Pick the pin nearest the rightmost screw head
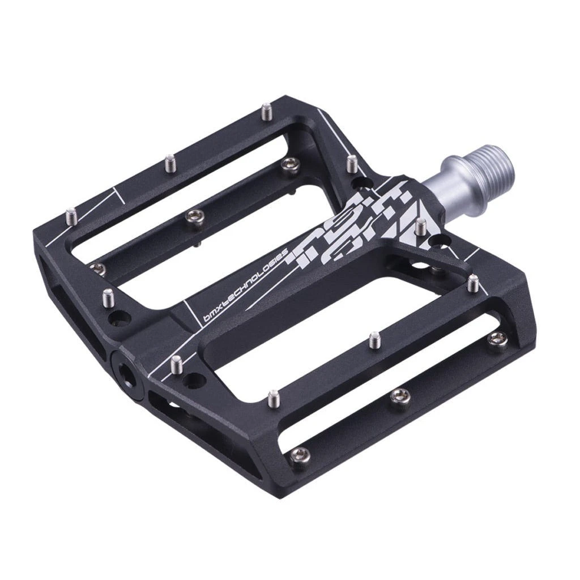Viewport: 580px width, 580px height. (x=473, y=282)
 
